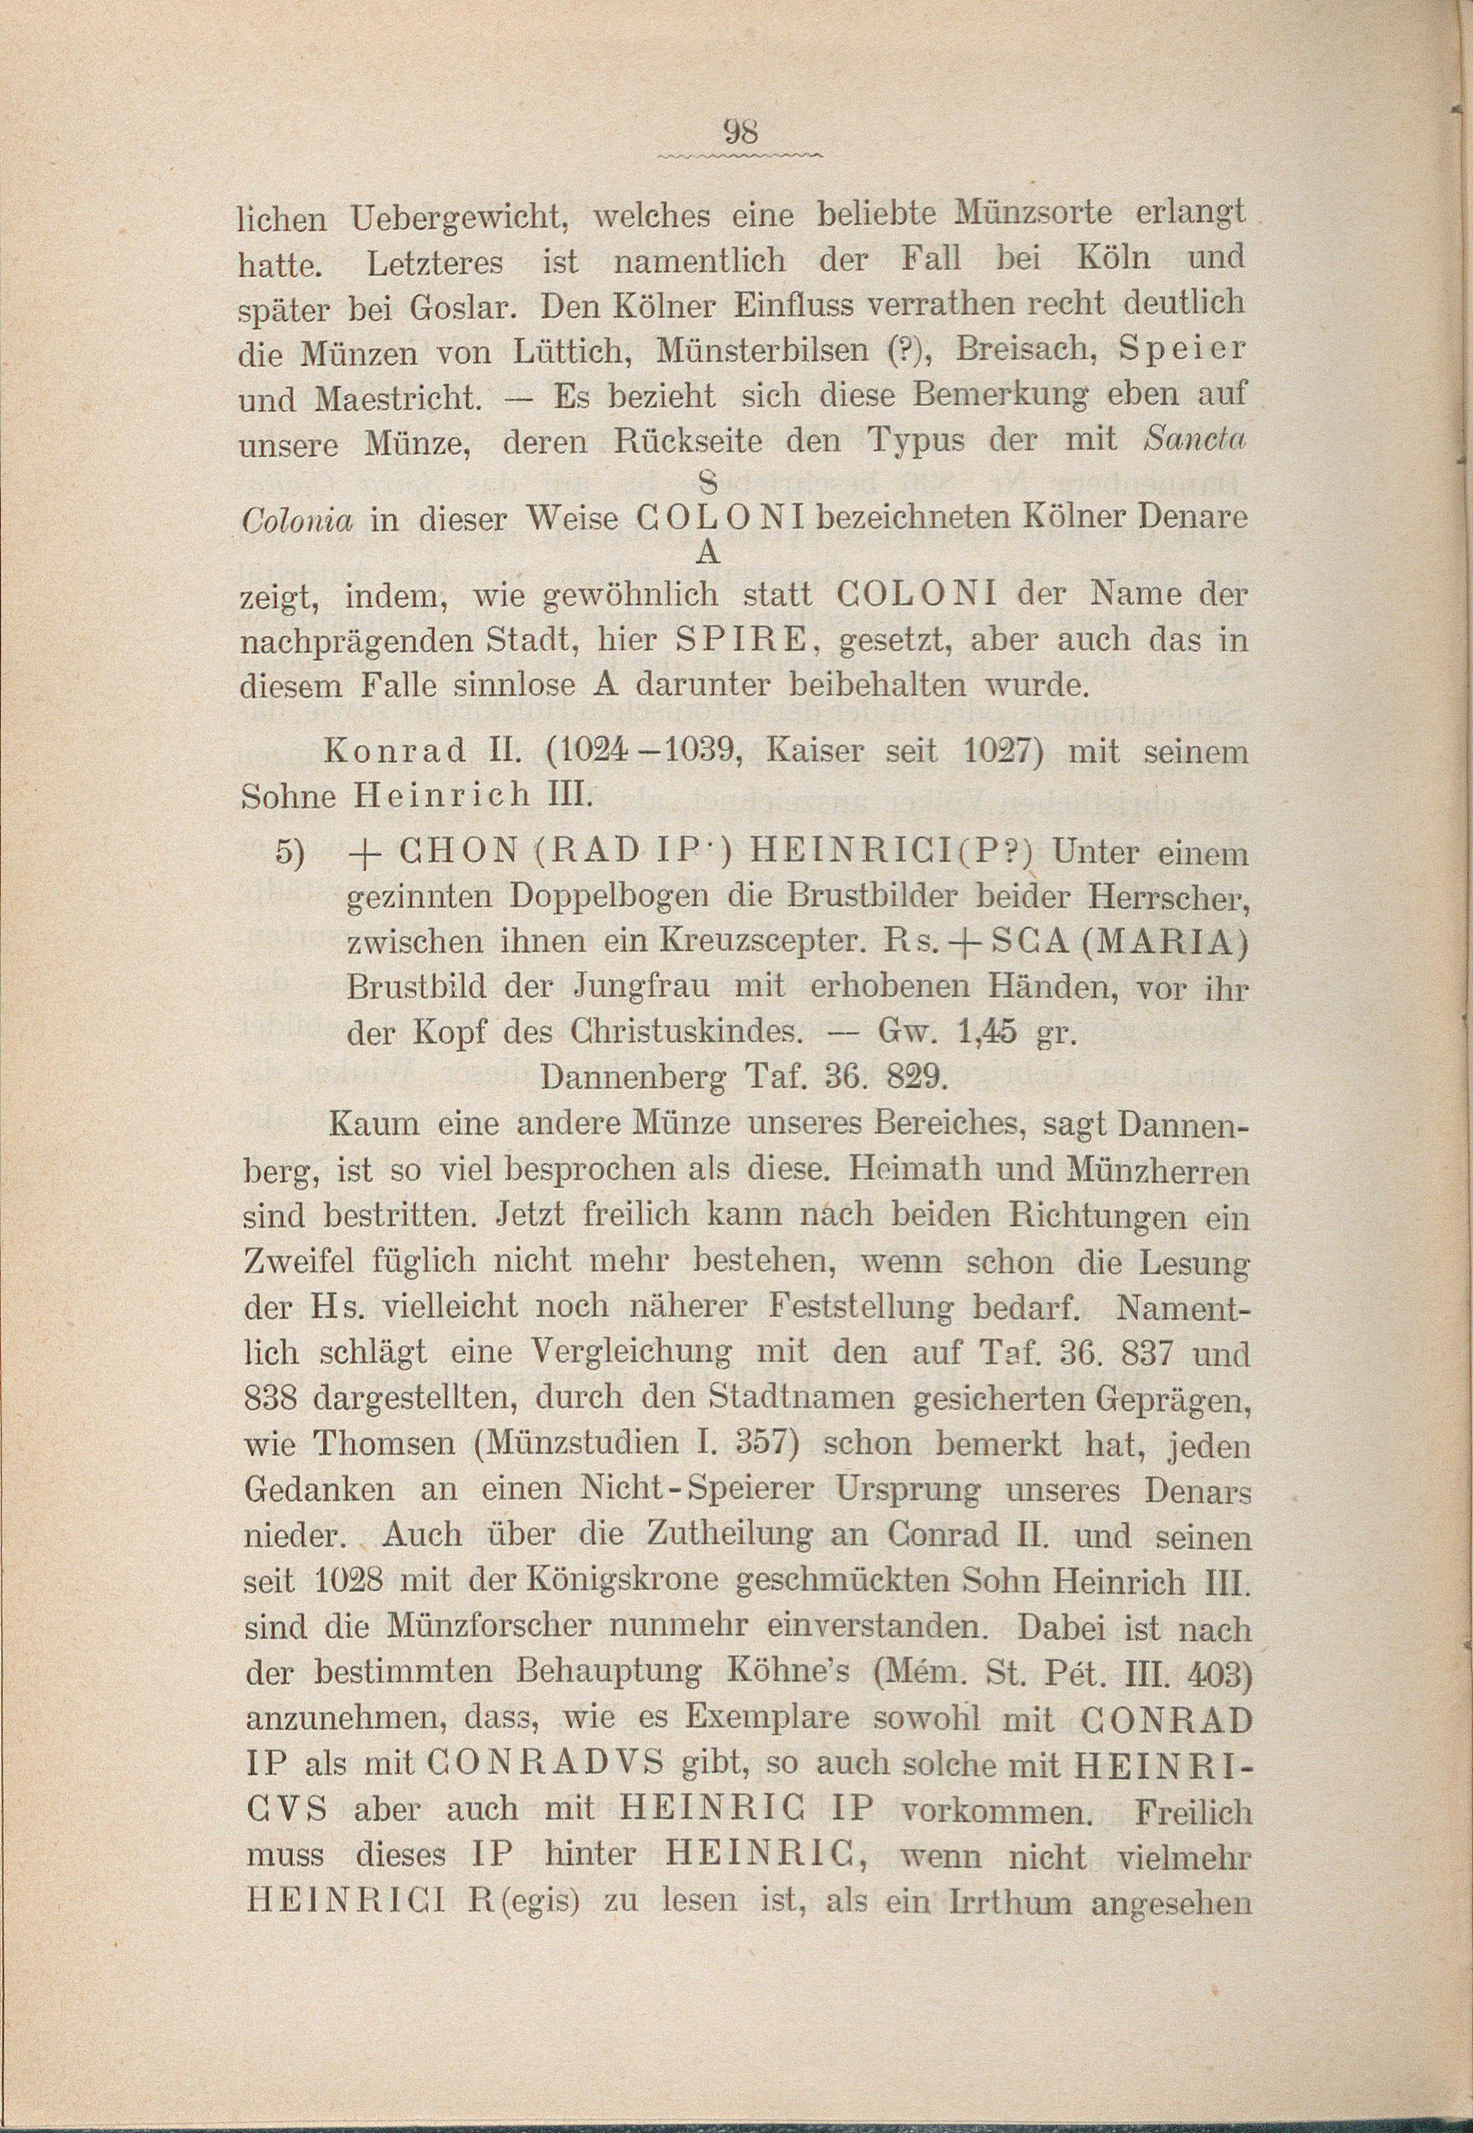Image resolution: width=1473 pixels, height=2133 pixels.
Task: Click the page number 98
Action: click(x=740, y=133)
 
